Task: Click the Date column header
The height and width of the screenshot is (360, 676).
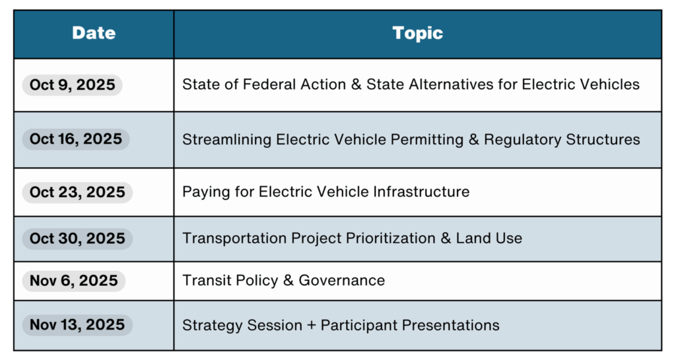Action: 94,33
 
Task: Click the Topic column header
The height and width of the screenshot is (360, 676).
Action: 417,33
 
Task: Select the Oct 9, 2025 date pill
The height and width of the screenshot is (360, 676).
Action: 73,85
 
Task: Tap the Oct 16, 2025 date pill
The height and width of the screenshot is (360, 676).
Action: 76,139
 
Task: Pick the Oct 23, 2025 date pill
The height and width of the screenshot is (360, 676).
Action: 78,192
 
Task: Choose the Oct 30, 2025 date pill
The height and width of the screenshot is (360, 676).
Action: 78,238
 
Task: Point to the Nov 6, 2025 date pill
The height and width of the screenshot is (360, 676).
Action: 74,281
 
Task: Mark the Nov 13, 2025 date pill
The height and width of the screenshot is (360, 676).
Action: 78,324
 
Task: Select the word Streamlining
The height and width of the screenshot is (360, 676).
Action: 227,139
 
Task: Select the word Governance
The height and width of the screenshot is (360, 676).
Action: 341,280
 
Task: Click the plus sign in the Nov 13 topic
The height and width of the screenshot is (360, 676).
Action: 312,326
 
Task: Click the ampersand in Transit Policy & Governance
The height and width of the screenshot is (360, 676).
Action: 288,280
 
